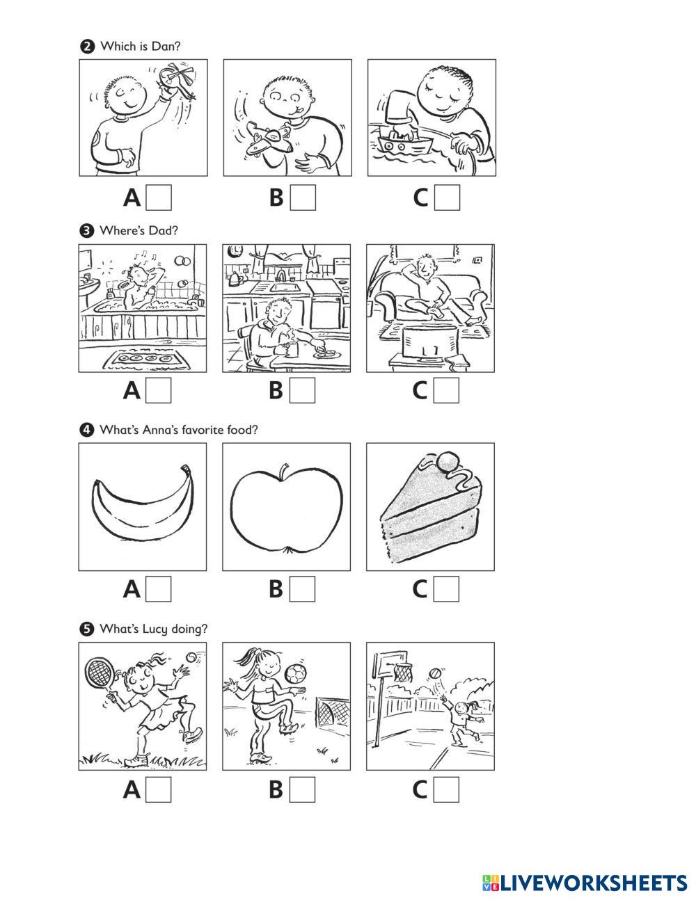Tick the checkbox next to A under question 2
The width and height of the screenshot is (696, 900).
pyautogui.click(x=159, y=198)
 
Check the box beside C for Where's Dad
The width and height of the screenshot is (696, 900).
pyautogui.click(x=446, y=390)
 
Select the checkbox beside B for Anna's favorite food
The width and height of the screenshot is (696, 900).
pyautogui.click(x=302, y=589)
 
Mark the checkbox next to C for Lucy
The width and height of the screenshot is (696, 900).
pyautogui.click(x=446, y=789)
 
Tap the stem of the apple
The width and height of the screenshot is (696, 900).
pyautogui.click(x=284, y=472)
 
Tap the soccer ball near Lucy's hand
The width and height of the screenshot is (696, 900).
pyautogui.click(x=295, y=674)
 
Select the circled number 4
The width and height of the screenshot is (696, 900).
pyautogui.click(x=86, y=430)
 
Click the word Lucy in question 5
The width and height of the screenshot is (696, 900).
pyautogui.click(x=155, y=630)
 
